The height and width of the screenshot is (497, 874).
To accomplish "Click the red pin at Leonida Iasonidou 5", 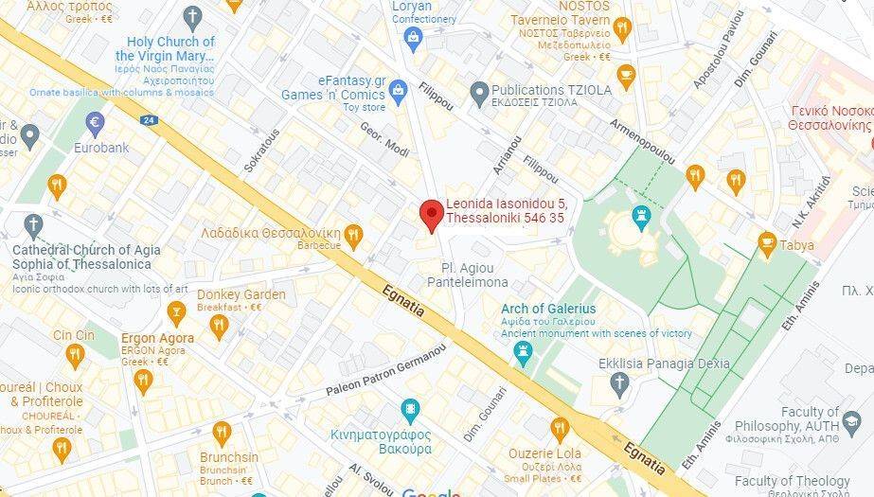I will coord(431,214).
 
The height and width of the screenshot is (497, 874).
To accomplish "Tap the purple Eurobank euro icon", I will coord(94,122).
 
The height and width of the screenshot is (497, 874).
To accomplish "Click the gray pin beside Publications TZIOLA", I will coord(478,91).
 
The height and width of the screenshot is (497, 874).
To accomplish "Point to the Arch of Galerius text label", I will coord(549,309).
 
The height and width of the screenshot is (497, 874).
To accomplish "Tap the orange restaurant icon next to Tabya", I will coord(767,245).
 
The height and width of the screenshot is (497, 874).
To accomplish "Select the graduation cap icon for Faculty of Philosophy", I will coord(851,419).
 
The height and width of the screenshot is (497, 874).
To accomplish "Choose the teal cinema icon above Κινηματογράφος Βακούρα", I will coord(410,411).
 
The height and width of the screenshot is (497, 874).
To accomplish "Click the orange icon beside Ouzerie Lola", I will coord(560,428).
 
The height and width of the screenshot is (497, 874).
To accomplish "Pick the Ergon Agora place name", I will coord(157,338).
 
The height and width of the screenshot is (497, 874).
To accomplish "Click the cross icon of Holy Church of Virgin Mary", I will coord(193,17).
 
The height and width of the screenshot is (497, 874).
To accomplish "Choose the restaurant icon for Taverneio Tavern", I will coord(622,28).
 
